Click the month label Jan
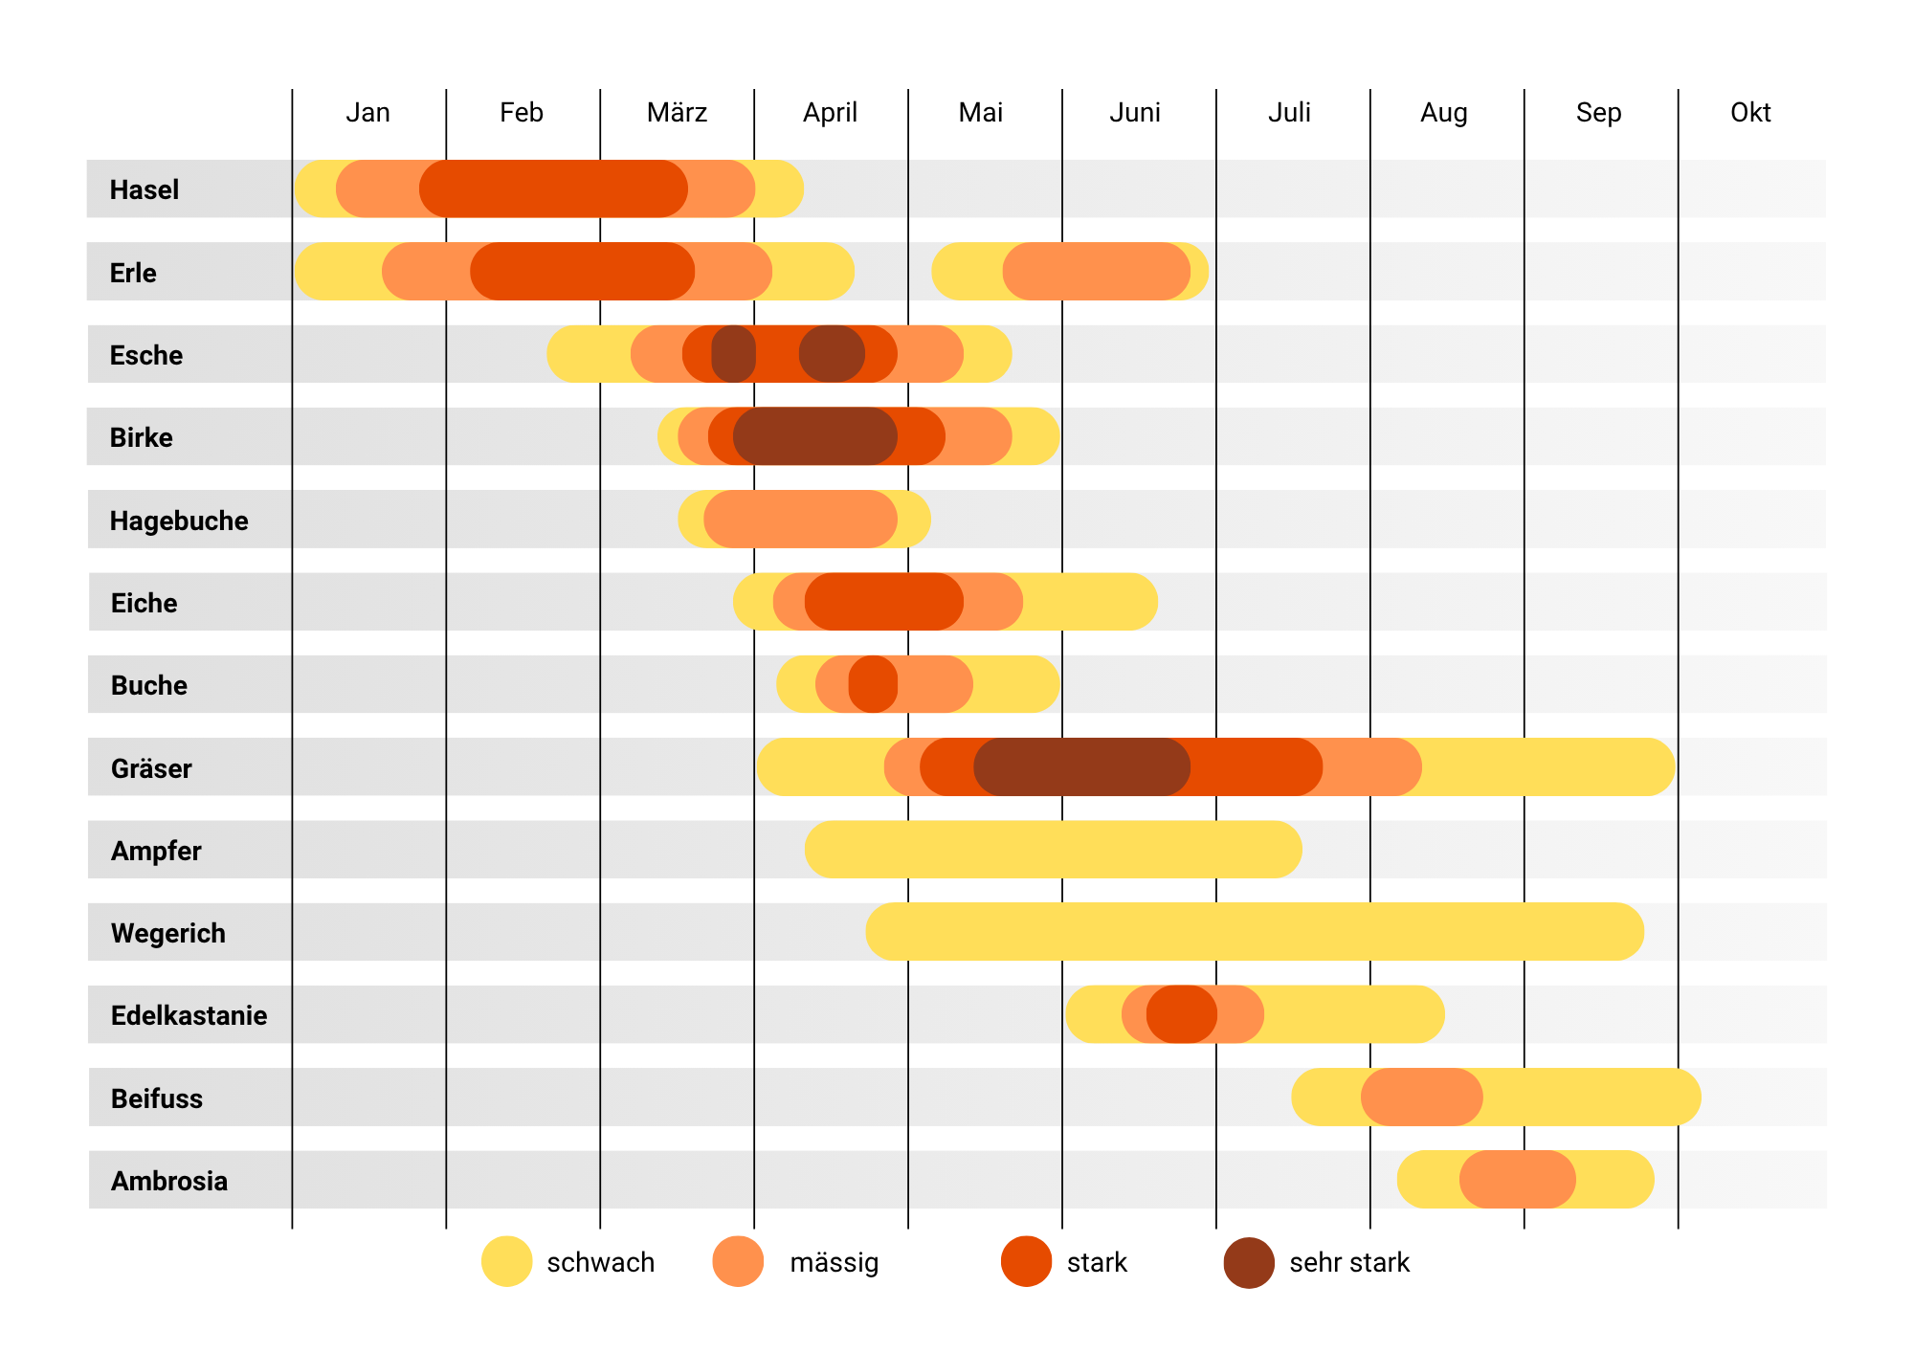[x=367, y=113]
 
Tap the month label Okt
[x=1750, y=113]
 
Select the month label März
[x=677, y=113]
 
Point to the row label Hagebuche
[x=179, y=521]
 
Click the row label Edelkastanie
[x=189, y=1015]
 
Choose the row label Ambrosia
[x=169, y=1181]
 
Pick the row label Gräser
[x=151, y=768]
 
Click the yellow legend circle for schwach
[x=506, y=1261]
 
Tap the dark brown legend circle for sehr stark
[x=1249, y=1262]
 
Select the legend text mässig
[x=834, y=1263]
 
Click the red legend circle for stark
[x=1026, y=1261]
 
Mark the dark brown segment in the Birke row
[x=815, y=436]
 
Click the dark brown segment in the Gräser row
[x=1081, y=766]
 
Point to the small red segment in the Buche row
[x=873, y=684]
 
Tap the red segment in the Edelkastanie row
[x=1182, y=1014]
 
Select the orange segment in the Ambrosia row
[x=1517, y=1179]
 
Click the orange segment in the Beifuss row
[x=1421, y=1097]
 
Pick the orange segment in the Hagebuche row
[x=800, y=519]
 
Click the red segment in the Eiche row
[x=883, y=602]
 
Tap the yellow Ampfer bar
[x=1053, y=850]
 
